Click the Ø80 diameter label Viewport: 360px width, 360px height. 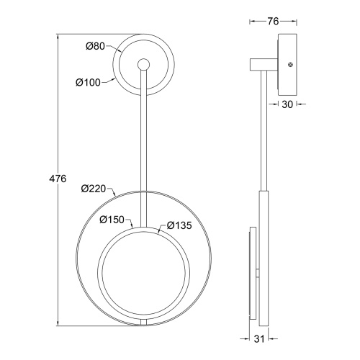coord(95,46)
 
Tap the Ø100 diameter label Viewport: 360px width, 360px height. coord(88,83)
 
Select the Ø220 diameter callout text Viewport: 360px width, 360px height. coord(94,189)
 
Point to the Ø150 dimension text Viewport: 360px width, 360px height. coord(112,220)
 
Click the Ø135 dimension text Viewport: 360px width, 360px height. coord(179,225)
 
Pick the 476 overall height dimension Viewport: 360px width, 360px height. coord(58,179)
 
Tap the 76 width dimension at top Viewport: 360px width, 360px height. coord(273,22)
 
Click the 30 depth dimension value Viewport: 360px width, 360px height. coord(287,104)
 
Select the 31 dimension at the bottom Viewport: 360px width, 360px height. coord(259,339)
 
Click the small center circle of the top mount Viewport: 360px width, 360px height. coord(143,65)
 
